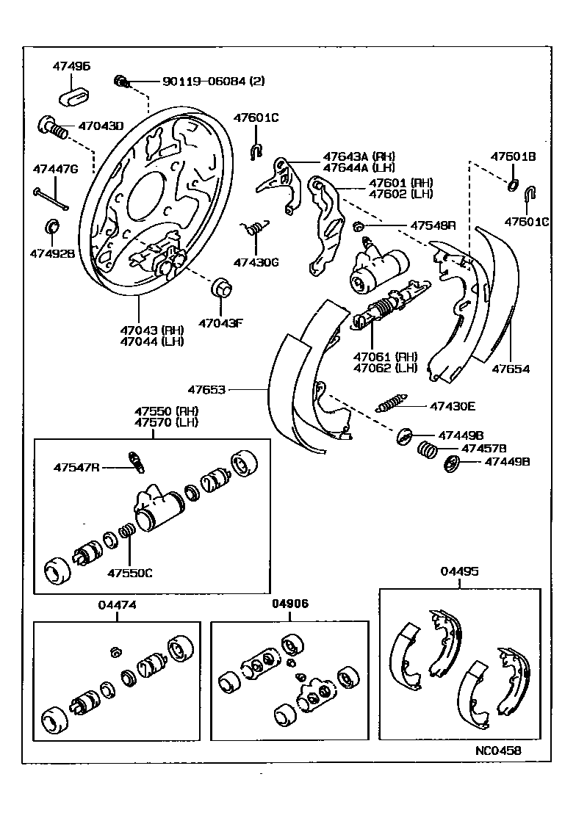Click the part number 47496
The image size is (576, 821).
(x=71, y=66)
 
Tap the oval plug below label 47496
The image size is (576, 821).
(x=73, y=95)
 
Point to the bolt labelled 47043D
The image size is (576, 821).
(x=54, y=127)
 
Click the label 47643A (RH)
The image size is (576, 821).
(x=359, y=156)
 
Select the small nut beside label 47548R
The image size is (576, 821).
(x=359, y=225)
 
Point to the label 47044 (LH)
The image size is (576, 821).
(x=153, y=341)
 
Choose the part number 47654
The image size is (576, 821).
(x=510, y=369)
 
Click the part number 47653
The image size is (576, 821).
(x=206, y=390)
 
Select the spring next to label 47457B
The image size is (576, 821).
(x=428, y=448)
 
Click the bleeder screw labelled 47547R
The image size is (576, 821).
(x=136, y=460)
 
